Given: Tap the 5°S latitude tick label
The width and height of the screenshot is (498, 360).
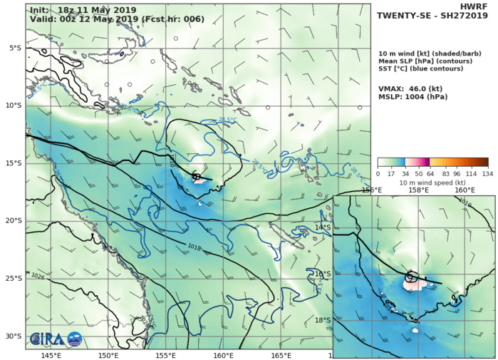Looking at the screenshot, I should point(15,48).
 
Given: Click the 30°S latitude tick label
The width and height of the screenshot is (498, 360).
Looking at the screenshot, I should point(13,336).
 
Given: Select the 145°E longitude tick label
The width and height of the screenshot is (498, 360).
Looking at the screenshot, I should point(51,355).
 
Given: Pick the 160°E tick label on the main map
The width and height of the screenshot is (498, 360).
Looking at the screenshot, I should point(223,355).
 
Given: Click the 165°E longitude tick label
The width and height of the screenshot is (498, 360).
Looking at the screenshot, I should point(281,355).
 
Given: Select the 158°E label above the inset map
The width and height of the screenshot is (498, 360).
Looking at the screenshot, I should point(418,190).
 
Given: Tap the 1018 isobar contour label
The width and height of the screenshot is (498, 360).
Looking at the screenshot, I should point(193,247).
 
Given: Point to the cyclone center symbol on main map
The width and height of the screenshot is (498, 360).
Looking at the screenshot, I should point(197,175).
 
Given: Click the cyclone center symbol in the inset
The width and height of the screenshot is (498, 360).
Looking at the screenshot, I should point(410,277).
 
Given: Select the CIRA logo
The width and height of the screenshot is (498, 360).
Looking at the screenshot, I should point(55,339).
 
